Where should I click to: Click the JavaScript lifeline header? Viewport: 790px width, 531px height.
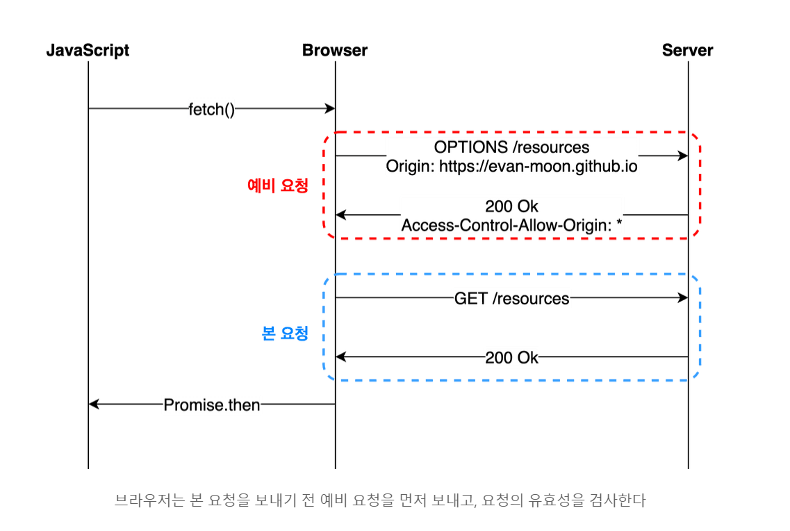click(x=88, y=51)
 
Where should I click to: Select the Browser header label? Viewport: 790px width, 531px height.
click(x=335, y=51)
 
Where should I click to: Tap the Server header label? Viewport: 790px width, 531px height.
click(x=687, y=51)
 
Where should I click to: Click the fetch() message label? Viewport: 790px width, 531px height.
click(x=211, y=109)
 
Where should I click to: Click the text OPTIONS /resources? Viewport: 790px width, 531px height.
click(x=511, y=147)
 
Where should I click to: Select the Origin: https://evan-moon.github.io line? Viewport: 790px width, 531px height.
click(x=511, y=167)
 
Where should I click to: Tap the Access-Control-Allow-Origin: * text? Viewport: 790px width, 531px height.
click(x=511, y=225)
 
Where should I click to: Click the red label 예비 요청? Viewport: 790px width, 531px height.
click(x=278, y=186)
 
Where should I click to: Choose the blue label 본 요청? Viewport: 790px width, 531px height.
click(x=285, y=334)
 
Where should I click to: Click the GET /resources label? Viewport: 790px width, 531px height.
click(x=511, y=299)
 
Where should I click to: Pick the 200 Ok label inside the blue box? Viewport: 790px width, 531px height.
click(x=511, y=358)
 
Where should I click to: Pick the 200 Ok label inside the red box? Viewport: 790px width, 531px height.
click(x=511, y=207)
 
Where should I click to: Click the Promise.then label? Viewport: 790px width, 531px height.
click(x=211, y=405)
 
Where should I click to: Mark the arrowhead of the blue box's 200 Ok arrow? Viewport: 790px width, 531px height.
click(x=340, y=357)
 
